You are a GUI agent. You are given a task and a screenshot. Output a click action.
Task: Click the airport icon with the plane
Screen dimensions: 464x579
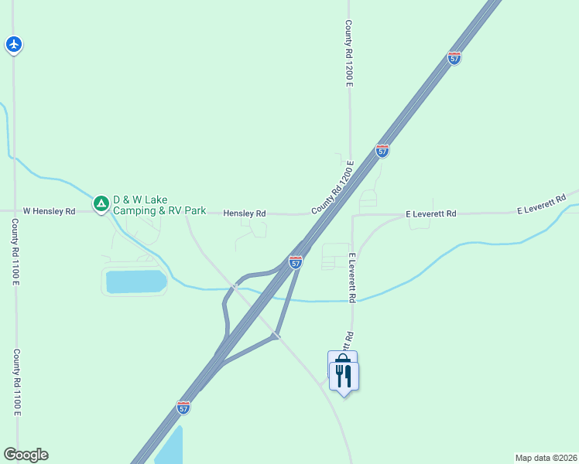click(13, 45)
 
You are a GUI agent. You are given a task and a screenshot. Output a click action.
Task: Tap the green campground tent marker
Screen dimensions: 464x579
click(101, 204)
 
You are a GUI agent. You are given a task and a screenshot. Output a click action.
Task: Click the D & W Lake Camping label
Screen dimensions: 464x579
click(159, 205)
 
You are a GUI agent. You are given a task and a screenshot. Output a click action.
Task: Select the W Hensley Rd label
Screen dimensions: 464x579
click(50, 211)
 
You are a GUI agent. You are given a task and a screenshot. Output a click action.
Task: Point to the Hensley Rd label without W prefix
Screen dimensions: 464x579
click(245, 213)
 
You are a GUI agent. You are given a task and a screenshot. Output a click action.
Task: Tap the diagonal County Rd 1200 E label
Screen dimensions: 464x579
click(333, 188)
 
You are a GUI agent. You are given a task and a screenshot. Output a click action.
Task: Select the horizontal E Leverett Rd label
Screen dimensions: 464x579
click(431, 213)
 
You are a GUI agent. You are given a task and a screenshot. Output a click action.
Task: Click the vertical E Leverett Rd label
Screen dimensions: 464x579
click(351, 276)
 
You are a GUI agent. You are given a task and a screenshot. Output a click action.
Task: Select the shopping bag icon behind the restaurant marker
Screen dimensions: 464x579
click(344, 357)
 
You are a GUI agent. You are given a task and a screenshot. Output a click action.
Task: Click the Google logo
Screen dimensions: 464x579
click(26, 455)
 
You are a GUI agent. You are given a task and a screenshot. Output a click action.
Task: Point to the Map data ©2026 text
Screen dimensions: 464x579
click(546, 457)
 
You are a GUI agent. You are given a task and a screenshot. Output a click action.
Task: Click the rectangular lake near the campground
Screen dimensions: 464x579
click(135, 282)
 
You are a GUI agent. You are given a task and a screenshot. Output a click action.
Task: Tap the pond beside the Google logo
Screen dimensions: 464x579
click(170, 446)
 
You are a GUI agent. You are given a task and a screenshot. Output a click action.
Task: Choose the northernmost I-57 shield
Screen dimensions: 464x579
click(454, 58)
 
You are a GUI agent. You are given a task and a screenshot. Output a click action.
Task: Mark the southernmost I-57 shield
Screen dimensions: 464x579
click(183, 407)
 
